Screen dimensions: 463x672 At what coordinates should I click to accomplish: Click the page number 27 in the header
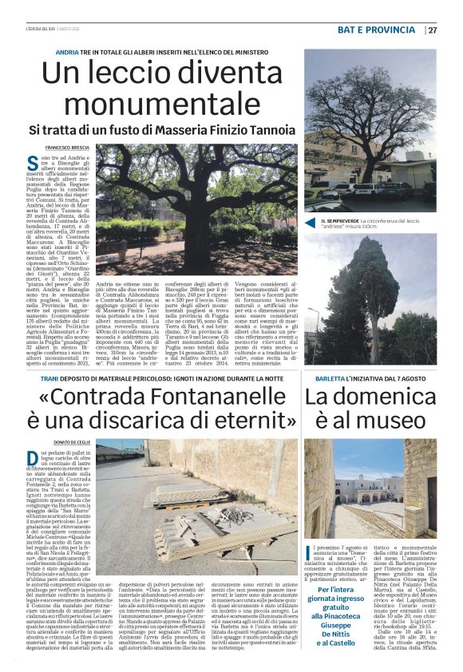[432, 30]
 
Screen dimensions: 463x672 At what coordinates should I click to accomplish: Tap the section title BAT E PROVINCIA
[377, 30]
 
